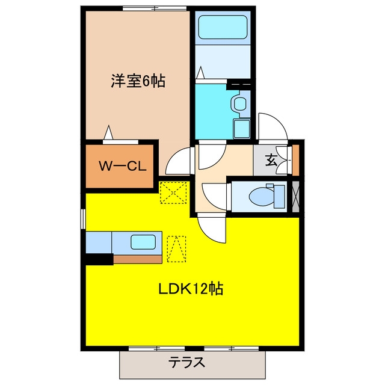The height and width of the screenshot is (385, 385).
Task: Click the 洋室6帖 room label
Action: click(138, 81)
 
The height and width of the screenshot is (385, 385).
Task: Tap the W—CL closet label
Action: click(123, 166)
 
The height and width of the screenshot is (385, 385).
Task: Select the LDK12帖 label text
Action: click(191, 289)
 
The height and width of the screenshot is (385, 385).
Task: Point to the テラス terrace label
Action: click(187, 362)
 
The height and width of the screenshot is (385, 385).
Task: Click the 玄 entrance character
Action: click(271, 160)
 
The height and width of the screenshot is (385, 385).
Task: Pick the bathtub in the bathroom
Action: click(223, 27)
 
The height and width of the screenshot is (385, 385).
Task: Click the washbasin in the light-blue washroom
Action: click(239, 104)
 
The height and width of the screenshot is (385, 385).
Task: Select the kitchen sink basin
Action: click(143, 242)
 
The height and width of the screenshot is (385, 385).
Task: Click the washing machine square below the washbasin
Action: click(242, 129)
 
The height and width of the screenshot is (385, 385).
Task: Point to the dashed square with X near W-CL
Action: click(173, 192)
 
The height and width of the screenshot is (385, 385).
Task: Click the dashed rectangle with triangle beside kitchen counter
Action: click(176, 249)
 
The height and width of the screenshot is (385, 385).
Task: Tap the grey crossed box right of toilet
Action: click(295, 197)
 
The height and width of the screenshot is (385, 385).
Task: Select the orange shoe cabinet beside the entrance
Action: click(295, 161)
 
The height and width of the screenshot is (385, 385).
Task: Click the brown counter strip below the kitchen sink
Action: click(138, 259)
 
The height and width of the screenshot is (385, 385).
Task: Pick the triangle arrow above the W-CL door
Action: click(108, 132)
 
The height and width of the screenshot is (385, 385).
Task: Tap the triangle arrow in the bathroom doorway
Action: click(201, 72)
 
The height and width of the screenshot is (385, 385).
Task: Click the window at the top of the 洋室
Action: click(155, 8)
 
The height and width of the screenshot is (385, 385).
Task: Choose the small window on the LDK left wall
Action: click(83, 219)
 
